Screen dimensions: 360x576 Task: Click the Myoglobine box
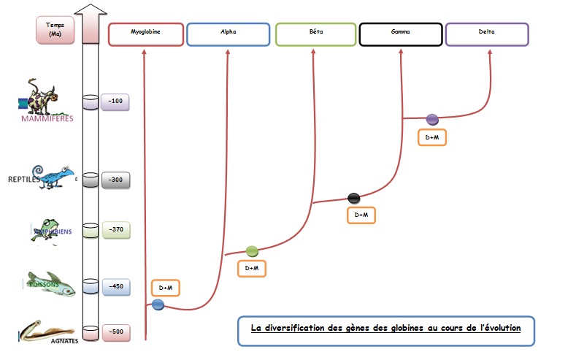coord(145,34)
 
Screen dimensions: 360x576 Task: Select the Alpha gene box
coord(228,34)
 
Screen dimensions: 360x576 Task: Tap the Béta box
coord(315,34)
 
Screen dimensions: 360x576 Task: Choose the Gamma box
coord(401,34)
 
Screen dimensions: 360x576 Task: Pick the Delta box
coord(486,34)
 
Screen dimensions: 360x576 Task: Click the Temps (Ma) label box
coord(55,31)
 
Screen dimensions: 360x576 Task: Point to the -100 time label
coord(115,101)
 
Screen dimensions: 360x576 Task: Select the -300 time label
coord(115,180)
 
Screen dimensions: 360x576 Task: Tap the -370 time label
coord(115,229)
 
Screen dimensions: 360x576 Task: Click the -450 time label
coord(115,286)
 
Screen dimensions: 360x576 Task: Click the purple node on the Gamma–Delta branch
coord(431,118)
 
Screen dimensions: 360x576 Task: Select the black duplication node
coord(354,197)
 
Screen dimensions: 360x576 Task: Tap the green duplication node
coord(252,251)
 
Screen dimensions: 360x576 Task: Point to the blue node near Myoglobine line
coord(158,305)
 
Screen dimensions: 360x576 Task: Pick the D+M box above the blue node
coord(165,288)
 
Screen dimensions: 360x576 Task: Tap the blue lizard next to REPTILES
coord(56,177)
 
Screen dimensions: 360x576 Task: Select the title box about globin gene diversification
coord(385,329)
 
